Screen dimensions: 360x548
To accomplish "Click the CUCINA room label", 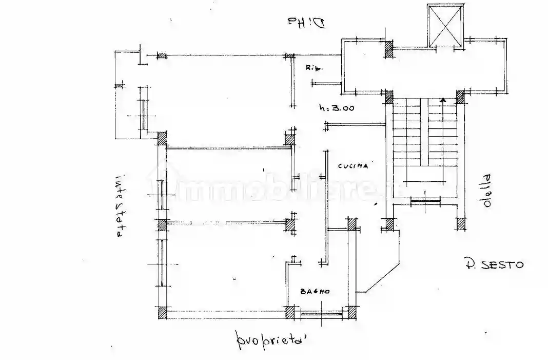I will (354, 166).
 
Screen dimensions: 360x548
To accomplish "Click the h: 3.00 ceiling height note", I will (337, 108).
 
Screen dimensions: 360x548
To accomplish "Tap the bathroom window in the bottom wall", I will (321, 312).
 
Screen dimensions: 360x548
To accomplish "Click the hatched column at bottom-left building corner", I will (161, 312).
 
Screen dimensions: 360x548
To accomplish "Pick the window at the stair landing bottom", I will (425, 202).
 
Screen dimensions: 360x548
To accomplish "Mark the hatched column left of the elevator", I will (388, 49).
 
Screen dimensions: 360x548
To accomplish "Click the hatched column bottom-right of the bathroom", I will (352, 312).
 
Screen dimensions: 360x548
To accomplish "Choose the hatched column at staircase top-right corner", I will (460, 96).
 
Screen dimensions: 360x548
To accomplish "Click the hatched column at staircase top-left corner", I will (388, 96).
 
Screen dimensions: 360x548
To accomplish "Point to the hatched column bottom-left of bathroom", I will (290, 312).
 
